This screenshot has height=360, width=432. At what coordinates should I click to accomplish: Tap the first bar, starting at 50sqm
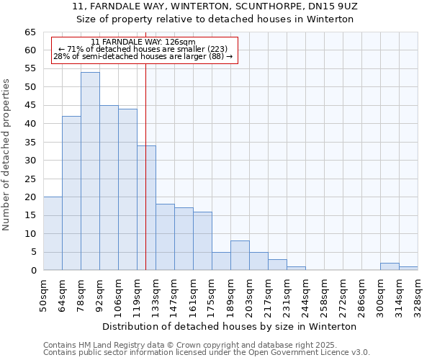pos(53,233)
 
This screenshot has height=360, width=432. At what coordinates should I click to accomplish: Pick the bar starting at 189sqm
pos(240,256)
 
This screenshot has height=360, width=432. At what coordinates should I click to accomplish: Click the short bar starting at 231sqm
pos(296,268)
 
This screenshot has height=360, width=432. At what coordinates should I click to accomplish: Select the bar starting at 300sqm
pos(390,266)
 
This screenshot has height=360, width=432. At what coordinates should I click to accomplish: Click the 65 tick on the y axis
pos(30,32)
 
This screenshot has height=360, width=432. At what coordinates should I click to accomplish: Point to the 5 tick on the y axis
pos(34,252)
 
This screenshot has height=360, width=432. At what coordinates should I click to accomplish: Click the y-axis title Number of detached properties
pos(7,154)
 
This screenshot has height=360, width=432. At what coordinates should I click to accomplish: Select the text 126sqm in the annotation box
pos(178,42)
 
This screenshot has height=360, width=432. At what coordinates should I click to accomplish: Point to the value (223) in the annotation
pos(217,50)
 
